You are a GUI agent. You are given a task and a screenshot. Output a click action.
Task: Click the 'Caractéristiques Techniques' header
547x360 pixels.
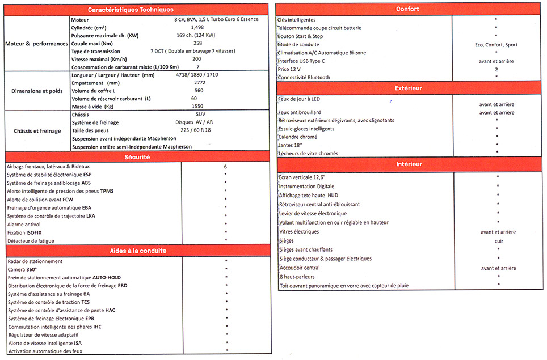[x=138, y=10]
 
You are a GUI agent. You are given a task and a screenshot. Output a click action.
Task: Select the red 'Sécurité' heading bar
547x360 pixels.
[x=138, y=156]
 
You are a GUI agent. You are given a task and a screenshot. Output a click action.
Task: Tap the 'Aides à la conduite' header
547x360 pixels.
[x=138, y=251]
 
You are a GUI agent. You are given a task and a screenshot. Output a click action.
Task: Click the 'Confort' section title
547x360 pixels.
[x=407, y=9]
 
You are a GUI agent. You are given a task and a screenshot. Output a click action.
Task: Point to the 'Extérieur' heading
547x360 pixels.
[x=407, y=88]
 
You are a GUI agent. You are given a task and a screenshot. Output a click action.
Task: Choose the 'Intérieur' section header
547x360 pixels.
[x=407, y=164]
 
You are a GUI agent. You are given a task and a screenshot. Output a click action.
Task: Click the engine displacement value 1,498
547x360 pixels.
[x=197, y=27]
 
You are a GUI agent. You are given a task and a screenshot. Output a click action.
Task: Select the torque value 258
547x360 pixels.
[x=197, y=43]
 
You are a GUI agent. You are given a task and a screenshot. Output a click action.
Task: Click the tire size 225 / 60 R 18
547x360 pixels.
[x=196, y=130]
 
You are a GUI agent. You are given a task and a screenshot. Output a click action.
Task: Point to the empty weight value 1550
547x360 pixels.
[x=197, y=107]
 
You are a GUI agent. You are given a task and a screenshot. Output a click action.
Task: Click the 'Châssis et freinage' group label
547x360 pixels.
[x=37, y=131]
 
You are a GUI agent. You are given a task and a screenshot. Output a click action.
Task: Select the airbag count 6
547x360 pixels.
[x=225, y=167]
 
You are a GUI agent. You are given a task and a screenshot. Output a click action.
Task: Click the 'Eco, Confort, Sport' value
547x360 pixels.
[x=496, y=45]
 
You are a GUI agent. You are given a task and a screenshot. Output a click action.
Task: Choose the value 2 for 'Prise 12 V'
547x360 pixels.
[x=496, y=69]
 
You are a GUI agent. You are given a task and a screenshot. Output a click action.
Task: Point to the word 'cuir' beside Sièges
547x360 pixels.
[x=498, y=241]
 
